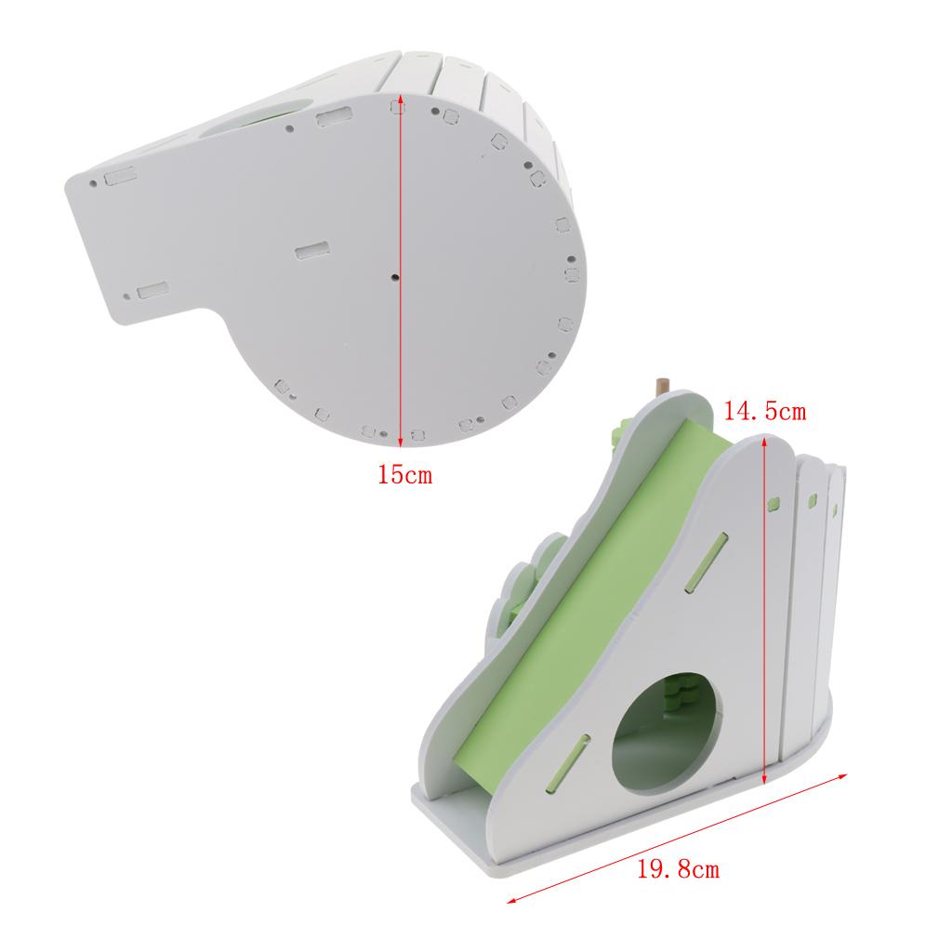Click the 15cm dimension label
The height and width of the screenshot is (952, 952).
point(405,474)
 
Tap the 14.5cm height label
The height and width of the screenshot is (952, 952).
point(764,412)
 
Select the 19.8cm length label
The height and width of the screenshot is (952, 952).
point(678,869)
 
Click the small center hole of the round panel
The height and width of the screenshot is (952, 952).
point(394,277)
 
